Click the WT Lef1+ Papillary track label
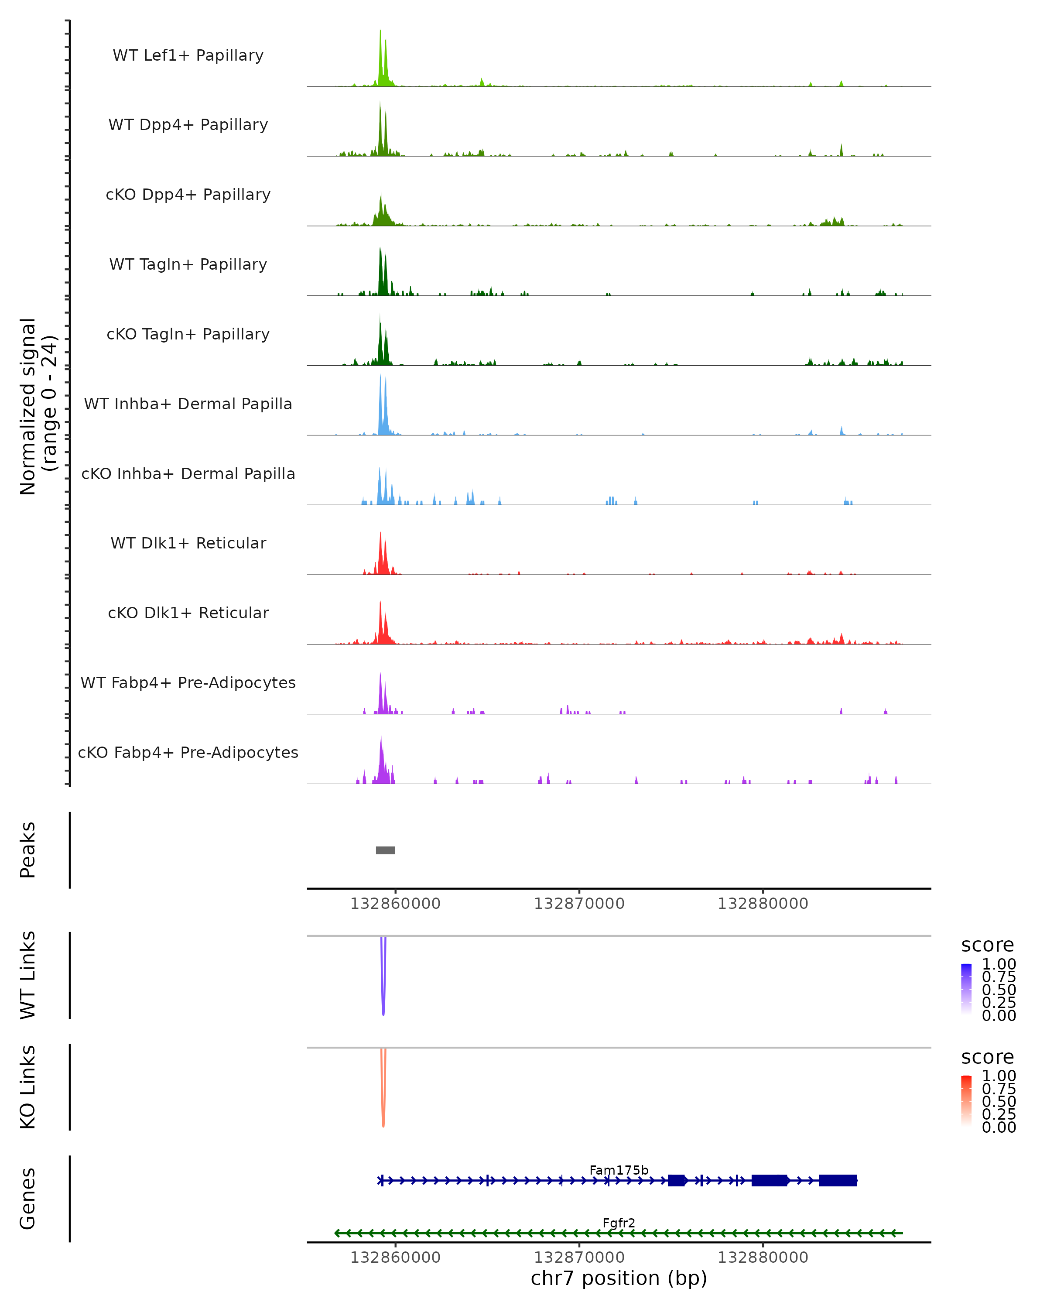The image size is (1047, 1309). (188, 55)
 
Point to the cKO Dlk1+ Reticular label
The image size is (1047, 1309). (188, 613)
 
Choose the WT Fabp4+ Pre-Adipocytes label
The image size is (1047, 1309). (188, 682)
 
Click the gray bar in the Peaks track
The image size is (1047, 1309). (385, 850)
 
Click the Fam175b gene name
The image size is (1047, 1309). (619, 1170)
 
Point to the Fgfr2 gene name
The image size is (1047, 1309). (619, 1223)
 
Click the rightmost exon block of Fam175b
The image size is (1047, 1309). (838, 1180)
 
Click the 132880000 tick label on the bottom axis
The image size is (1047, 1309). (763, 1258)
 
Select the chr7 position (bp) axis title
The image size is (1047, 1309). (619, 1278)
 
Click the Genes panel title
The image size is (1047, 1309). (28, 1199)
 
